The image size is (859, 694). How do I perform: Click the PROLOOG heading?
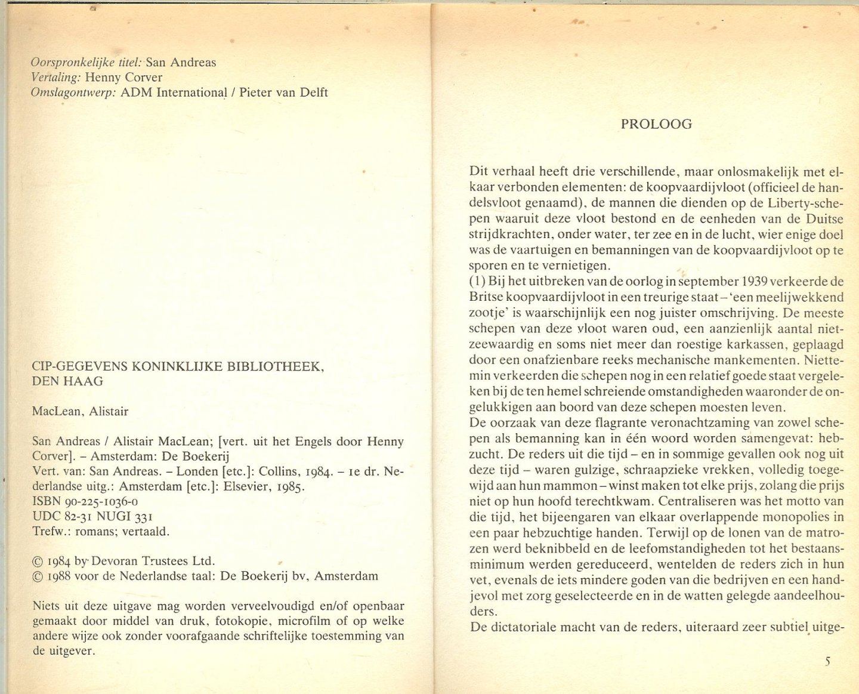pos(656,124)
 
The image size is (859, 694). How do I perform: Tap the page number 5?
pos(827,661)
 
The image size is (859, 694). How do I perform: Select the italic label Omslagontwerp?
pos(73,92)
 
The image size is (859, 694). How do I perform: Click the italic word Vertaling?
pos(55,78)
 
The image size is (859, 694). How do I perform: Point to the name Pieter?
pos(259,92)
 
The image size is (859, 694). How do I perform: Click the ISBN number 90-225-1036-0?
pos(97,502)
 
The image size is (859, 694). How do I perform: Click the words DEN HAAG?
pos(67,381)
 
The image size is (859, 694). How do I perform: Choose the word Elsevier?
pos(250,486)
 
